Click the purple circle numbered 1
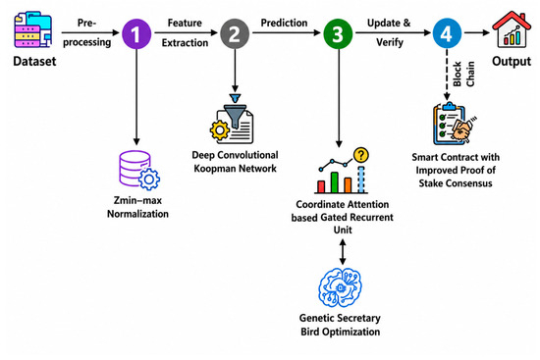tap(136, 33)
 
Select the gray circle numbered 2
tap(235, 33)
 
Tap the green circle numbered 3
tap(338, 33)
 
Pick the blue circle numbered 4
tap(447, 33)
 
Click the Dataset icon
tap(33, 29)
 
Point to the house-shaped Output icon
tap(512, 29)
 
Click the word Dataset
tap(34, 61)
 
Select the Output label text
tap(512, 61)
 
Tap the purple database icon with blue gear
tap(139, 170)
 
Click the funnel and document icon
tap(232, 119)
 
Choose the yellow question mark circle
tap(361, 155)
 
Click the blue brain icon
tap(341, 287)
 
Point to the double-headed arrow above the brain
tap(343, 252)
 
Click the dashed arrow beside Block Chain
tap(447, 75)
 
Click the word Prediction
tap(284, 23)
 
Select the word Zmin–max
tap(137, 200)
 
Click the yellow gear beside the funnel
tap(220, 130)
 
